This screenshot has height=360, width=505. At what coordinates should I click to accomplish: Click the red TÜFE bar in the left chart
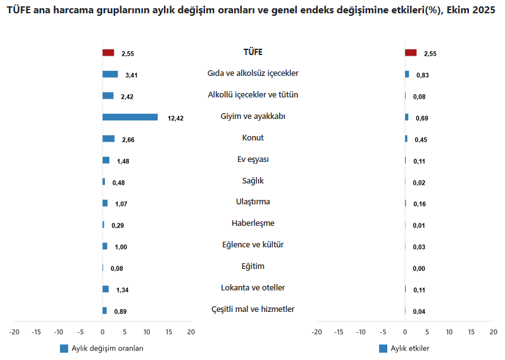pyautogui.click(x=108, y=53)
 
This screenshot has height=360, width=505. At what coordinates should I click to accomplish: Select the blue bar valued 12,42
pyautogui.click(x=130, y=117)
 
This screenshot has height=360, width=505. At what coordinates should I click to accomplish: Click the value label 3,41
pyautogui.click(x=132, y=75)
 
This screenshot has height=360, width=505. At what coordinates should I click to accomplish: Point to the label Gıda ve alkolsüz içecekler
pyautogui.click(x=253, y=73)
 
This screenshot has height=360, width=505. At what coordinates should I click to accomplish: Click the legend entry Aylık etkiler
pyautogui.click(x=409, y=349)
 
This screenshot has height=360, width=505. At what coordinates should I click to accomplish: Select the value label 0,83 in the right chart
pyautogui.click(x=423, y=75)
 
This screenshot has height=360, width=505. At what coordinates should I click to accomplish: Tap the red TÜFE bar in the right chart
pyautogui.click(x=411, y=53)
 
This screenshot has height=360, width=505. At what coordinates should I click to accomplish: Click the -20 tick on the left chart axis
pyautogui.click(x=15, y=332)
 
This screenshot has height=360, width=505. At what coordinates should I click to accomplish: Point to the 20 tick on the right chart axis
pyautogui.click(x=492, y=332)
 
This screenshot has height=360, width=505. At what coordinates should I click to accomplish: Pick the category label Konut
pyautogui.click(x=253, y=138)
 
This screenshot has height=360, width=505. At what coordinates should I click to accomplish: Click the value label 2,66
pyautogui.click(x=128, y=140)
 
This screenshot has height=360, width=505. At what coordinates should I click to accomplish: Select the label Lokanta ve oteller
pyautogui.click(x=253, y=288)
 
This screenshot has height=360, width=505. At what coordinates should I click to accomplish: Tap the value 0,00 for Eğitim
pyautogui.click(x=420, y=269)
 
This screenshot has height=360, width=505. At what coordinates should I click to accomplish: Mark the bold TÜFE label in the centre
pyautogui.click(x=253, y=52)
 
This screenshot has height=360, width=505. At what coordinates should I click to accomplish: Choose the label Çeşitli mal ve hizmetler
pyautogui.click(x=253, y=309)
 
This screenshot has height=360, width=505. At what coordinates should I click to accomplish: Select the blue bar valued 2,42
pyautogui.click(x=108, y=96)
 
